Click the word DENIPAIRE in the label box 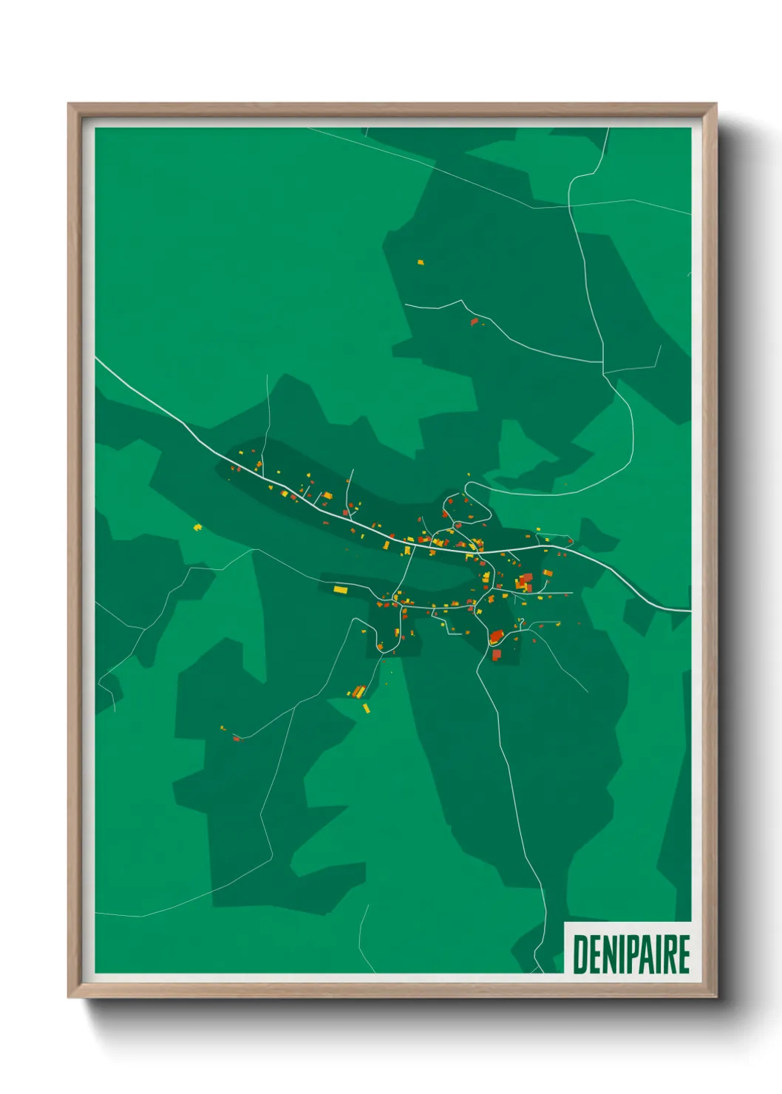coord(630,954)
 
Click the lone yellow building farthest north coord(421,262)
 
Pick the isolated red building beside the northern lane coord(475,322)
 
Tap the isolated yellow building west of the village coord(197,527)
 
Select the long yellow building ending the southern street coord(340,589)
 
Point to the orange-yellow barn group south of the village coord(358,692)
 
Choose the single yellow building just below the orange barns coord(366,708)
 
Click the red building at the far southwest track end coord(237,738)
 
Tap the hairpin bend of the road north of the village coord(467,488)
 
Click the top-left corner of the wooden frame coord(69,105)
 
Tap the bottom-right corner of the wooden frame coord(715,996)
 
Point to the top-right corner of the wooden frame coord(715,105)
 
